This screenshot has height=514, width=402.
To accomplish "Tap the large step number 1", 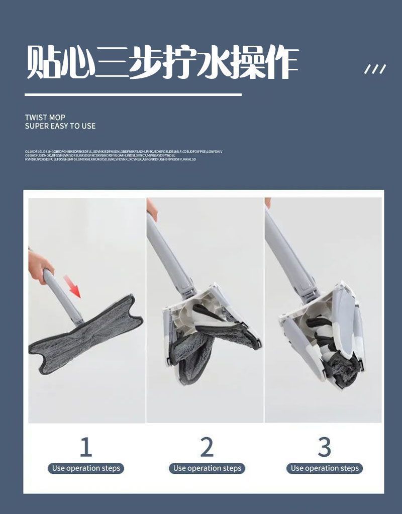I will point(86,447).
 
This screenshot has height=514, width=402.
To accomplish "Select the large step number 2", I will point(207,447).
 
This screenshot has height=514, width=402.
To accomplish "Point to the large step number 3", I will point(325,447).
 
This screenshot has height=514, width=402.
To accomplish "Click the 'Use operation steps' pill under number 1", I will point(86,468).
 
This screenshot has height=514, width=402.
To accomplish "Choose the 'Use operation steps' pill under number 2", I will point(207,468).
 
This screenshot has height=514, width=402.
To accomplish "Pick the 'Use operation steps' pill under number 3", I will point(325,468).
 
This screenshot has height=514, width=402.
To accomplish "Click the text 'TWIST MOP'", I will point(45,117).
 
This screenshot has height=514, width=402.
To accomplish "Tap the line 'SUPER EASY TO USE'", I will point(60,126).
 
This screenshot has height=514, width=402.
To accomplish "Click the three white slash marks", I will point(375,69).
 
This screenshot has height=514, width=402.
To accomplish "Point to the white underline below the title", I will point(133,94).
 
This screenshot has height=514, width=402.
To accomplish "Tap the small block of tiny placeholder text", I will point(124,155).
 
